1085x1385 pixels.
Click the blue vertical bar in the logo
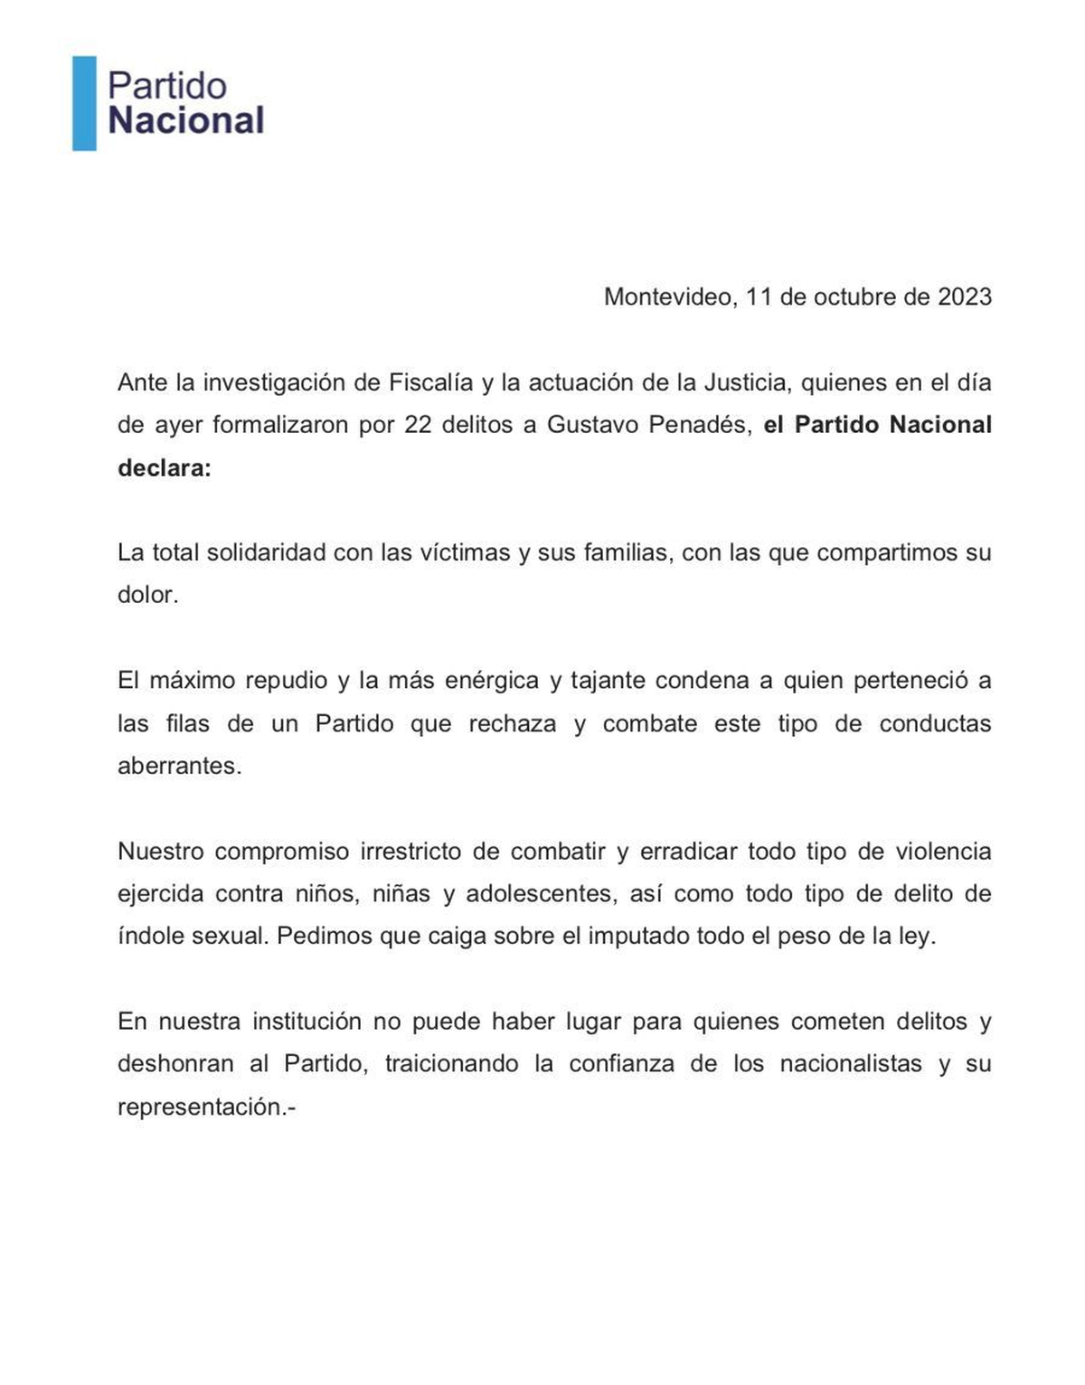[84, 103]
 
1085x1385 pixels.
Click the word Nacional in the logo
[185, 120]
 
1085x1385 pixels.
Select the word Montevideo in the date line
[669, 297]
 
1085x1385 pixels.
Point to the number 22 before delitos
[418, 425]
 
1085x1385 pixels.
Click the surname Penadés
[700, 425]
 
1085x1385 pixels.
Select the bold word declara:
[164, 468]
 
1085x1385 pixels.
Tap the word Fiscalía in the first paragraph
[430, 382]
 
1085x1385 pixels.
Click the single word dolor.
[147, 595]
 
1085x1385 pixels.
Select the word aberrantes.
[179, 766]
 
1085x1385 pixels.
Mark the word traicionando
[451, 1064]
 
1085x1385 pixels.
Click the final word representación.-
[206, 1107]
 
